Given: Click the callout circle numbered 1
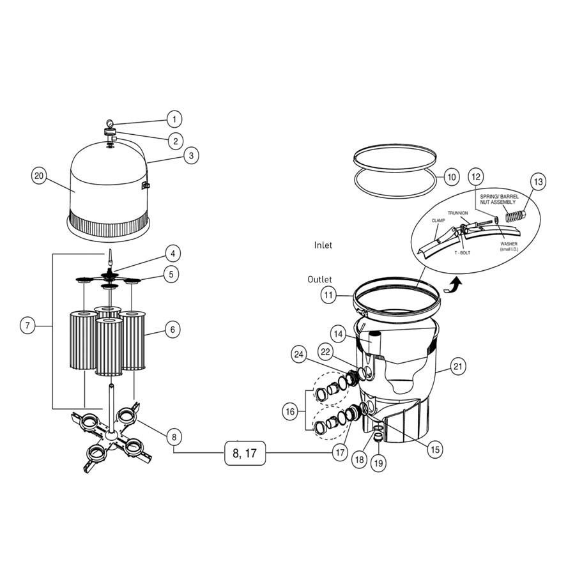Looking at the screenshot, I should [174, 119].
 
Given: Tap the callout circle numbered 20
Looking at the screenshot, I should [40, 176].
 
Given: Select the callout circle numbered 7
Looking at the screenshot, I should [27, 326].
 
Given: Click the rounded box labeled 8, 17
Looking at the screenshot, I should [244, 454].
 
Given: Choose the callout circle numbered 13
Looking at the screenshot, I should [538, 182].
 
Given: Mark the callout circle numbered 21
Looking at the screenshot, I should [458, 366].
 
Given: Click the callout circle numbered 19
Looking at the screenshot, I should [378, 463].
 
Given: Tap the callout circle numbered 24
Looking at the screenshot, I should [298, 353].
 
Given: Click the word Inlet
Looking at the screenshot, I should [323, 245].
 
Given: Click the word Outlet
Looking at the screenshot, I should [319, 279].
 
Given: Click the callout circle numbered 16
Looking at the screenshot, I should [291, 412].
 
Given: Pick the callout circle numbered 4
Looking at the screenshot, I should [172, 253].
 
